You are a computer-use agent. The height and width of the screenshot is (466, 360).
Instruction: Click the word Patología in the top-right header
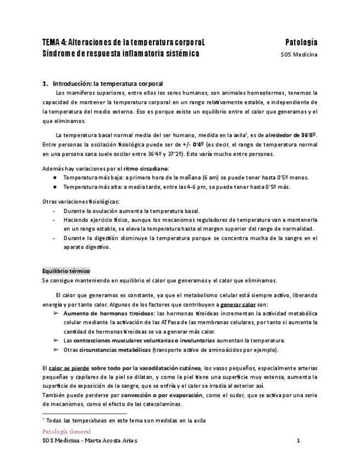301,42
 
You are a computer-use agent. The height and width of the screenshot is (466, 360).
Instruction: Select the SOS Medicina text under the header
300,54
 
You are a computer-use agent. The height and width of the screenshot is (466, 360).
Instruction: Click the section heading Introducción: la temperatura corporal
108,84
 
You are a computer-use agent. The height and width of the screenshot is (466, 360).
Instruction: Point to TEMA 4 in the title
54,42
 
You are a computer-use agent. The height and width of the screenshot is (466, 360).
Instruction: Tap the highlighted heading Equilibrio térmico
66,271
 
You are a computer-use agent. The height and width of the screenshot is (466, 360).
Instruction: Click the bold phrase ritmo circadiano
146,168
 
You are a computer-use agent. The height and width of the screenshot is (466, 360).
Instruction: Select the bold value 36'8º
308,135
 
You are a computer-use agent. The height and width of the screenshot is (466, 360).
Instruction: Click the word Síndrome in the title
58,54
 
